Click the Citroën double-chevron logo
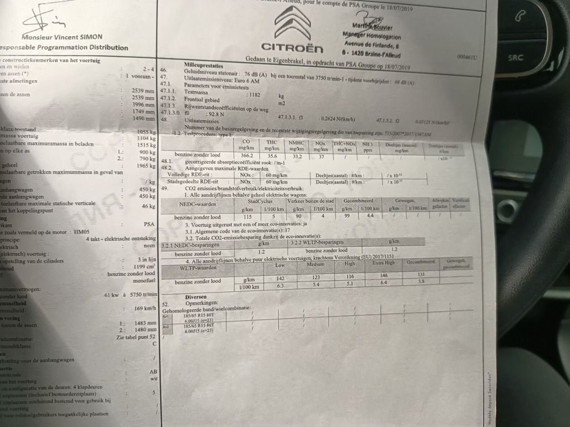tap(292, 23)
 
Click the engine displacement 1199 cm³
tap(144, 266)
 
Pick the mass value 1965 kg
tap(146, 166)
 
